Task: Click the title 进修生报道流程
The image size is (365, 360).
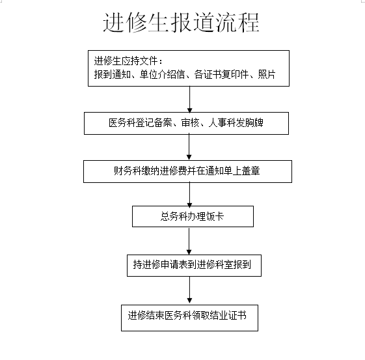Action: pos(181,22)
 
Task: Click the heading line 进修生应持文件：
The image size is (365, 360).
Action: pos(128,61)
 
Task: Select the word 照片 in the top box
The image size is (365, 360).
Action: pos(267,74)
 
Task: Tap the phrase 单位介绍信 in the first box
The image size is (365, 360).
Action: pos(162,74)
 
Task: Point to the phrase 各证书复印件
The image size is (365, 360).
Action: pos(221,74)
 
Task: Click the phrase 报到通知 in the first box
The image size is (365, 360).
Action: pos(112,74)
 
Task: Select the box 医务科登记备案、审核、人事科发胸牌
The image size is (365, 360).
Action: pos(186,123)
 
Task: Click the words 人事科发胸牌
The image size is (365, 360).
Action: pos(236,123)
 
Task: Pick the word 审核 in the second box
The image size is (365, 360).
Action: pos(190,123)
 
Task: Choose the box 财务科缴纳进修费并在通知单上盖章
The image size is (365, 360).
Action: pos(187,171)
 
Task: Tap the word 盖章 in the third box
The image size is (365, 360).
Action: pos(250,171)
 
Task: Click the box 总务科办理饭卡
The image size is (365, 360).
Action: pos(193,216)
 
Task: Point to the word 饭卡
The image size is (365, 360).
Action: pos(215,216)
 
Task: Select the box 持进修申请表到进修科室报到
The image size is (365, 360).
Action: pos(194,266)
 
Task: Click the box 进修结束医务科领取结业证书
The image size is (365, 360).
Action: pos(189,318)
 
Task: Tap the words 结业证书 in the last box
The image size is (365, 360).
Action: pos(228,316)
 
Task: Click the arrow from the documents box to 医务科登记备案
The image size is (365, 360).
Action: pos(190,100)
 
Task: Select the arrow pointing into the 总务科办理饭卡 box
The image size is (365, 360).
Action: pos(189,195)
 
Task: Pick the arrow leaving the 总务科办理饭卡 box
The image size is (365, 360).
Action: pos(189,241)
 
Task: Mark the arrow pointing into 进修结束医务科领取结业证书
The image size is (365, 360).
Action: pos(189,290)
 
